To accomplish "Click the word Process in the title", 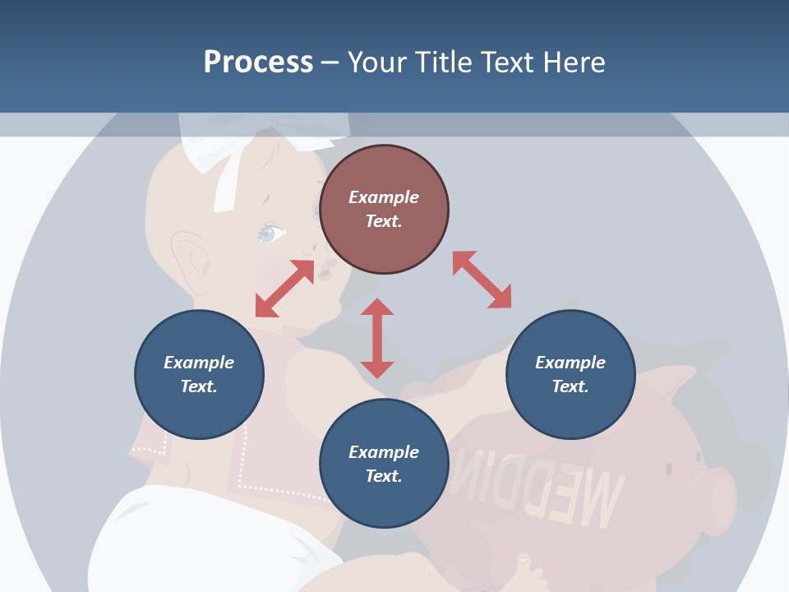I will [258, 62].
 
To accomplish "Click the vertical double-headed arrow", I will [377, 338].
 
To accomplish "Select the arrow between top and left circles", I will [284, 289].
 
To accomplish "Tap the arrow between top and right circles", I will [482, 280].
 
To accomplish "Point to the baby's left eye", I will [271, 234].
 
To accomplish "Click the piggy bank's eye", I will [668, 469].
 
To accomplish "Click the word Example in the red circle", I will [384, 197].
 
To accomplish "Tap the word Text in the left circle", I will [199, 386].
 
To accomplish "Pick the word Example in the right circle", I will [570, 363].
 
